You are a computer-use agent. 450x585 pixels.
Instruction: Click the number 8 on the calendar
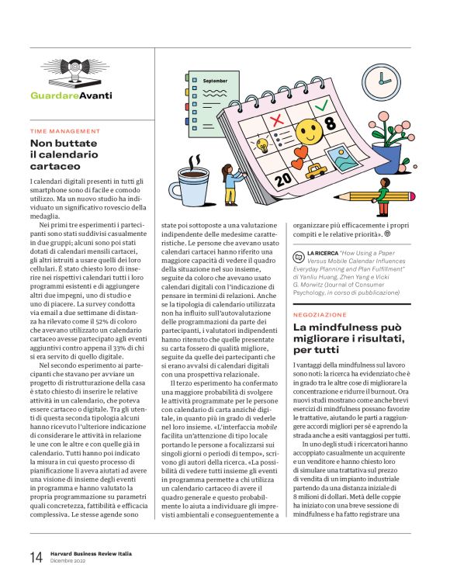pos(330,123)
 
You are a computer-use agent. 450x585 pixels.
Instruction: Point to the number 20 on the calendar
pos(284,179)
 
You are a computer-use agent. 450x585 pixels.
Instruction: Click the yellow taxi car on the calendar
pos(315,170)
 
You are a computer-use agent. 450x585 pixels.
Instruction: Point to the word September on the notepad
pos(215,81)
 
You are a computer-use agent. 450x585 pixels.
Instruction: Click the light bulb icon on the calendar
pos(262,144)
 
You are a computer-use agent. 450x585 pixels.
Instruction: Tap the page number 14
pos(36,556)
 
